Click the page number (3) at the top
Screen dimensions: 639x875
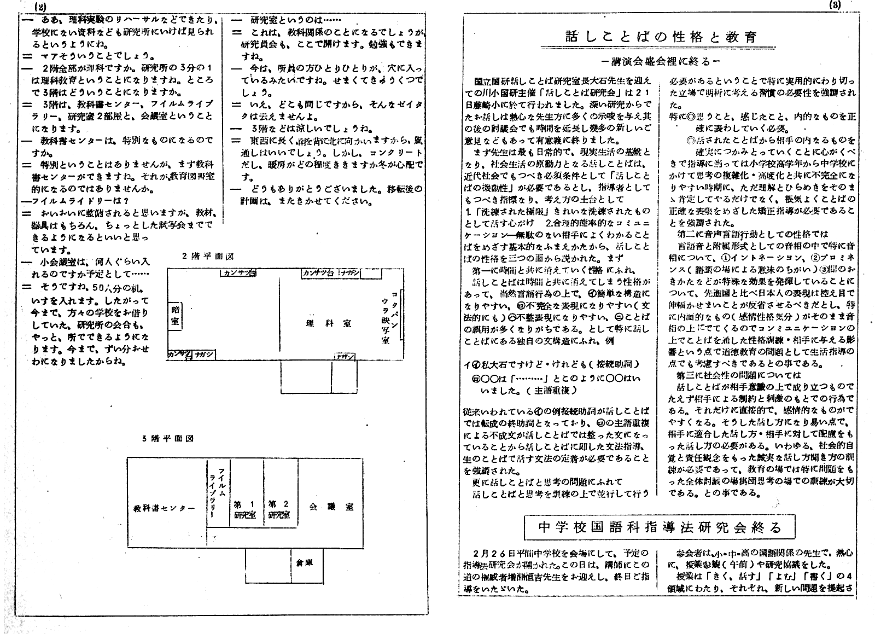[x=836, y=5]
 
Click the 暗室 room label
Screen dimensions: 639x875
[x=174, y=316]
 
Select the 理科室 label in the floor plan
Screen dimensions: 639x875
[x=328, y=323]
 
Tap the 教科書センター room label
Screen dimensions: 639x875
[x=164, y=508]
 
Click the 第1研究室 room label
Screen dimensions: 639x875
[x=245, y=509]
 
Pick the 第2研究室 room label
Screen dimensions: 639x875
[x=278, y=509]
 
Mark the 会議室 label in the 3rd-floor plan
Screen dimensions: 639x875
[x=331, y=507]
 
